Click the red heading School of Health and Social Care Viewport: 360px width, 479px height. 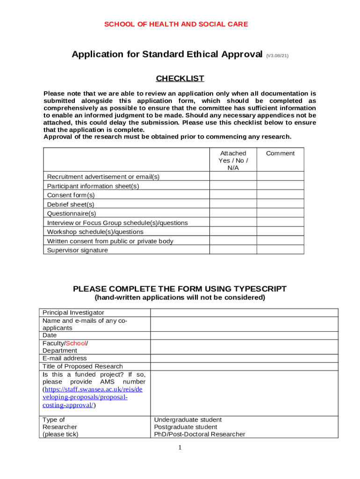tap(176, 24)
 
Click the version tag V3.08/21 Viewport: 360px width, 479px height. tap(277, 56)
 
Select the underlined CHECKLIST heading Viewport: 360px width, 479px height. tap(180, 78)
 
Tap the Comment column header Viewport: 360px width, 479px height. tap(280, 153)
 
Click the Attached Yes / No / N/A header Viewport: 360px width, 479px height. tap(233, 160)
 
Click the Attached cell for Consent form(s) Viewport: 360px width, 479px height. tap(233, 195)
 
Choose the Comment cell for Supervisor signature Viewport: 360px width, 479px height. tap(280, 250)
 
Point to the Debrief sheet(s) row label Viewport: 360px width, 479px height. tap(71, 204)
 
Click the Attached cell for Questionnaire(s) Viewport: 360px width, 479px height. tap(233, 213)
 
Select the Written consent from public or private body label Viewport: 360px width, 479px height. tap(110, 241)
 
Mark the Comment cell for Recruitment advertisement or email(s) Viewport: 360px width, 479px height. tap(280, 177)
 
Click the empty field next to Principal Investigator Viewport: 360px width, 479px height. tap(244, 312)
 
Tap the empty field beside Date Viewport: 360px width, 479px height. tap(244, 335)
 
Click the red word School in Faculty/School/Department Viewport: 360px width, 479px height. tap(76, 343)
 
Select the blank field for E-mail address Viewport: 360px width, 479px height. tap(244, 358)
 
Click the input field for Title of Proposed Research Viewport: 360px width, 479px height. tap(244, 366)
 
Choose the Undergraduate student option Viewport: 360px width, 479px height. tap(187, 420)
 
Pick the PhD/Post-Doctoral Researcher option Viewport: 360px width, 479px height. tap(199, 434)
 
